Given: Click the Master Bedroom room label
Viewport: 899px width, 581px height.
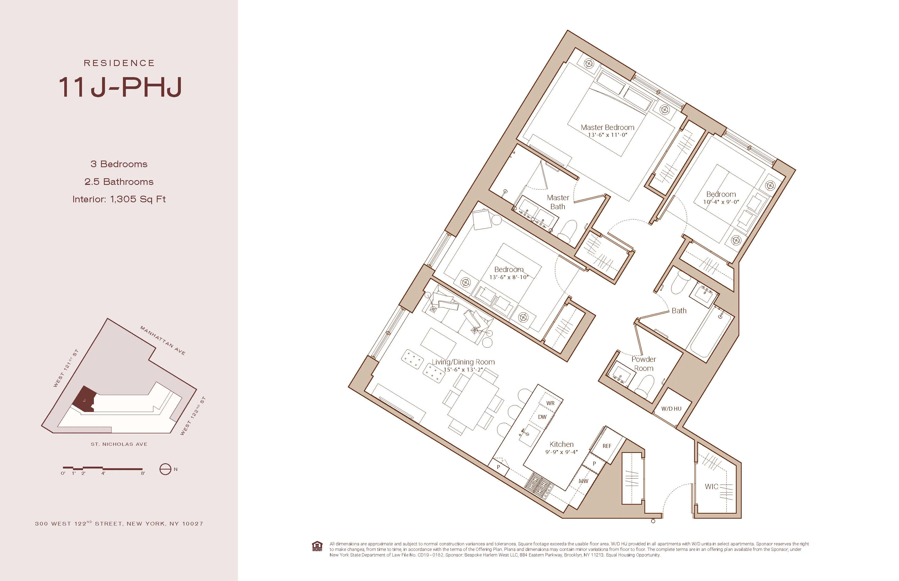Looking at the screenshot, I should [607, 128].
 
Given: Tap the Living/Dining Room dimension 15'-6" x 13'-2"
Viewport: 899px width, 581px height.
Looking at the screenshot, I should [463, 370].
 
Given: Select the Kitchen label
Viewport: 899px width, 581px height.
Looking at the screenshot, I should [561, 444].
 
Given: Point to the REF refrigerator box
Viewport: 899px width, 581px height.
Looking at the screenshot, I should [607, 446].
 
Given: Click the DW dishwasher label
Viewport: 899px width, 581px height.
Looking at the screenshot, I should [542, 417].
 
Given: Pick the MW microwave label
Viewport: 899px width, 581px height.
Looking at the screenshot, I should [583, 481].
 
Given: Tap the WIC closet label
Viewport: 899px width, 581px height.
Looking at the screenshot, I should [711, 487].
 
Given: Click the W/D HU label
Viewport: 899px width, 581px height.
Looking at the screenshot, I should [671, 409].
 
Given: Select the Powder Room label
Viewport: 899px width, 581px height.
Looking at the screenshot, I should [644, 364].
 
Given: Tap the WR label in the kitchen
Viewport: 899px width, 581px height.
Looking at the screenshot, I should [550, 403].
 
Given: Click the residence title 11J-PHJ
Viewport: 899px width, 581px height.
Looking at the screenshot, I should [120, 87].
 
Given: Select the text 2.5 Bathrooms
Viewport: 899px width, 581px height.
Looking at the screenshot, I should [119, 182].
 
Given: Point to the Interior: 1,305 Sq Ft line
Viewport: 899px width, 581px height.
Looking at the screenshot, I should [119, 199].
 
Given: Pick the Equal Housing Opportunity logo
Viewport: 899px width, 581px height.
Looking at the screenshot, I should [317, 547].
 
